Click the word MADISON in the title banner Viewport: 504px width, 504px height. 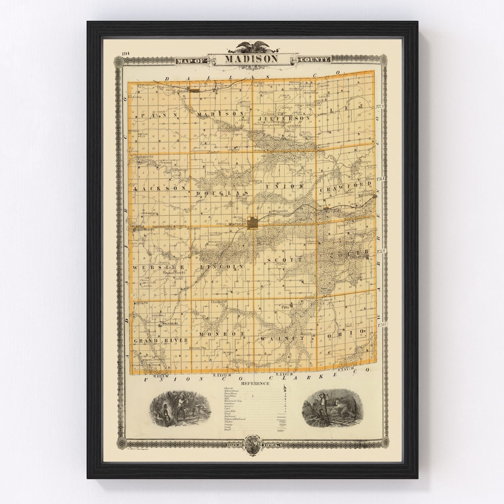[252, 59]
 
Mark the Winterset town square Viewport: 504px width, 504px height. [253, 223]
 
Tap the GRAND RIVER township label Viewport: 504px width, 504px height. [161, 340]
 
